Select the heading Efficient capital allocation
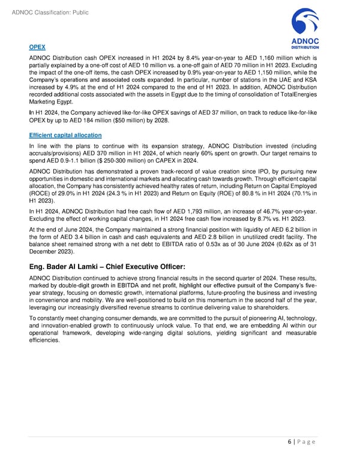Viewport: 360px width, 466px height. click(65, 135)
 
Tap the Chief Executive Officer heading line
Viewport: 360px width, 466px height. click(103, 266)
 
